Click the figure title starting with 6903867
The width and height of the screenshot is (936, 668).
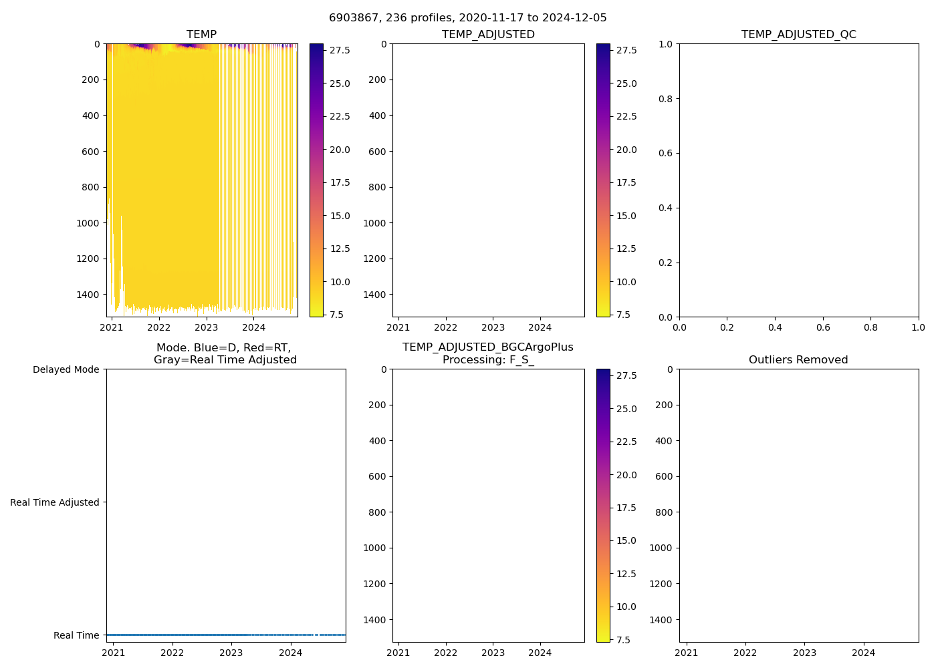tap(468, 18)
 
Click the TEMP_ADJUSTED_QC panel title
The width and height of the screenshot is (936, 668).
tap(798, 35)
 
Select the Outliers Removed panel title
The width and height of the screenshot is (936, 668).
tap(798, 360)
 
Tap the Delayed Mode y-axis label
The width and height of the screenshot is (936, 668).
tap(66, 369)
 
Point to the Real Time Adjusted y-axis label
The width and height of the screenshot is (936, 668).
tap(54, 502)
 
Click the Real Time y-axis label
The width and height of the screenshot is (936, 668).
tap(76, 635)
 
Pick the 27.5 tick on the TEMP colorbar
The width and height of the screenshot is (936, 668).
tap(340, 50)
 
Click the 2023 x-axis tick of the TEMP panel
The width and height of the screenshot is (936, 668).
tap(206, 327)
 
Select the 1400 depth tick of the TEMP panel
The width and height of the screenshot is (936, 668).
tap(88, 295)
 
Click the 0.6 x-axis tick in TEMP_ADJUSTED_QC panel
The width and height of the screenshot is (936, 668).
tap(823, 327)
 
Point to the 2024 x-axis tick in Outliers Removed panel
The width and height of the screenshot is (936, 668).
tap(863, 653)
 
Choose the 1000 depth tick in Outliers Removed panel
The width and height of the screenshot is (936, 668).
tap(661, 548)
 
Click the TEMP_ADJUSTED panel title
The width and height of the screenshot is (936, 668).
tap(488, 35)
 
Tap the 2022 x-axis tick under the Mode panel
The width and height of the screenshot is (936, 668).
tap(172, 653)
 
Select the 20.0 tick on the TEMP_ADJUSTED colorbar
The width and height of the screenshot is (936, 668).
tap(626, 150)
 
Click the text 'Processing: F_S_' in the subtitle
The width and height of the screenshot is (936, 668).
tap(488, 360)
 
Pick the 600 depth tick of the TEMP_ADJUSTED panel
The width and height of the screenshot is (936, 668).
tap(377, 152)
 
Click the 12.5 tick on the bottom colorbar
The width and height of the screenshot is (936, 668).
tap(626, 574)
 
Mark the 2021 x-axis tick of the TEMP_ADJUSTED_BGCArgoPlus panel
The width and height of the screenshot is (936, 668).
tap(398, 653)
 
